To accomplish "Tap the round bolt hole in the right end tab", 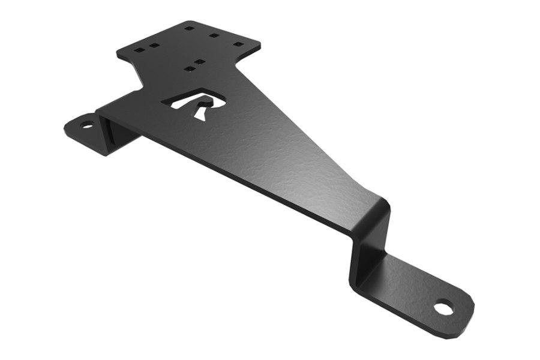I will [x=443, y=308].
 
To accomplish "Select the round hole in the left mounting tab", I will [x=87, y=125].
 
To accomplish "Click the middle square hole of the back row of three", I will [x=214, y=35].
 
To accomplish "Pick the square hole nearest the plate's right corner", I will [x=238, y=44].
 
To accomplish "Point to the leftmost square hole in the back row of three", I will [x=189, y=28].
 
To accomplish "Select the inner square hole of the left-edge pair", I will [x=154, y=45].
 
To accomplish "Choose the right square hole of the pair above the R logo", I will [x=200, y=62].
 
